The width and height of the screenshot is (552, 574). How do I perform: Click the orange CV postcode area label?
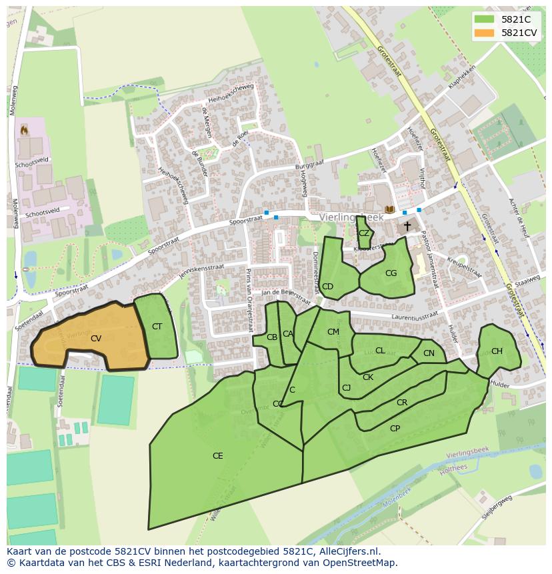[96, 339]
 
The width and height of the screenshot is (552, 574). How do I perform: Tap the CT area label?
[157, 327]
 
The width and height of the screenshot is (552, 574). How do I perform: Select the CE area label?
[217, 456]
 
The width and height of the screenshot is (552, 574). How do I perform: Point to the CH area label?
[497, 351]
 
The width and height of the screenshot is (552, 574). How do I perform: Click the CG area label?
[391, 273]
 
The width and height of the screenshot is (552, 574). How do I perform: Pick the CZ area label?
[364, 233]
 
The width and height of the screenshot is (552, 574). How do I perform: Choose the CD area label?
[327, 287]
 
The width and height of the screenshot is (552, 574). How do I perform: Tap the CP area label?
[395, 428]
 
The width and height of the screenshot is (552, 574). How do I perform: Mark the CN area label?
[429, 353]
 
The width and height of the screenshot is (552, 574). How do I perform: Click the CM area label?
[333, 332]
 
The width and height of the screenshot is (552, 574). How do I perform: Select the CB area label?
[272, 337]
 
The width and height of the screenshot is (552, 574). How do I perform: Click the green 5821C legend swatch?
[485, 19]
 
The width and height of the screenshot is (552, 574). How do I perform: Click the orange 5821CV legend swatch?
[485, 33]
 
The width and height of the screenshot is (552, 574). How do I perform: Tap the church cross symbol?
[407, 227]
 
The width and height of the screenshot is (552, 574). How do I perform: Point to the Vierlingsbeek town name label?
[351, 217]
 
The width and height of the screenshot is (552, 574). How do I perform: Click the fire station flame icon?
[25, 129]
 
